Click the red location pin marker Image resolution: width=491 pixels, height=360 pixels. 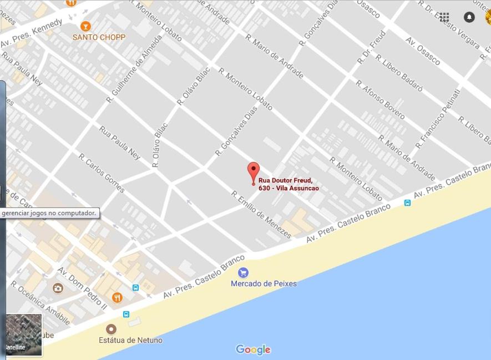[x=254, y=172]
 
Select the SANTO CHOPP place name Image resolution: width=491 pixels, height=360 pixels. [x=99, y=37]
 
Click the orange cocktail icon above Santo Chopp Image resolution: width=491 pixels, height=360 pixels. [x=85, y=26]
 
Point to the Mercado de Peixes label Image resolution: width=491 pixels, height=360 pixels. [x=264, y=283]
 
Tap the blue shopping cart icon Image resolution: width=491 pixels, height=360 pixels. [x=243, y=272]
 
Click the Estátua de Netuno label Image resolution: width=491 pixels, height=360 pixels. [x=130, y=340]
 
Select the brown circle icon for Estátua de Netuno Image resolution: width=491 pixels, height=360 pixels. [x=111, y=329]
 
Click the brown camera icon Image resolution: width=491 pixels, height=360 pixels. [x=58, y=288]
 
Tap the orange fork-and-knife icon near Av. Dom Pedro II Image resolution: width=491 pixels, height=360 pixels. [x=117, y=298]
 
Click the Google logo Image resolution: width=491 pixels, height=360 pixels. [x=253, y=349]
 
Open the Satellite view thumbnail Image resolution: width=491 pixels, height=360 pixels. [x=23, y=334]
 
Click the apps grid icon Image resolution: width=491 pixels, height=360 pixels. [x=444, y=17]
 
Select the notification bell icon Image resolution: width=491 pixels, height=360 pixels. [x=469, y=17]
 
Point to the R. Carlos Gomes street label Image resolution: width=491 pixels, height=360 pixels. [x=102, y=173]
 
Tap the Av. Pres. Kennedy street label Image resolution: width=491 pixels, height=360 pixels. [x=32, y=34]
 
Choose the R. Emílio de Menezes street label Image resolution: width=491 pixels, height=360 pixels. [x=261, y=215]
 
